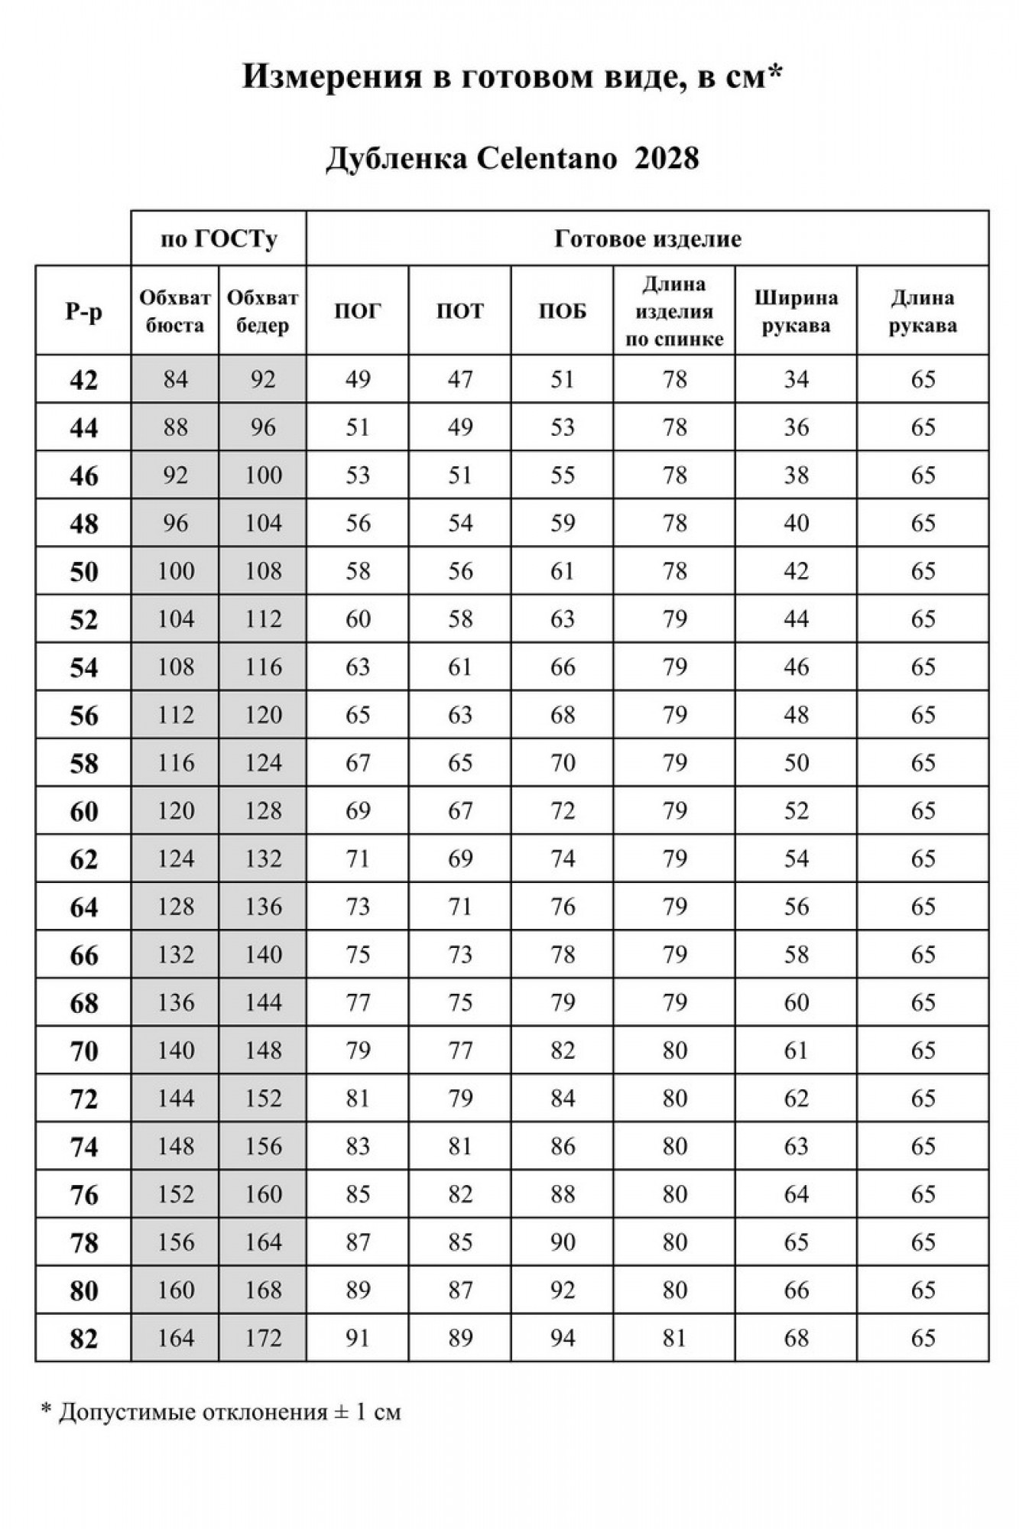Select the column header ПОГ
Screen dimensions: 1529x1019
[x=357, y=311]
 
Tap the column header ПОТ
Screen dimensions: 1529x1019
[x=459, y=311]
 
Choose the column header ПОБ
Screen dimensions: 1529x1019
[x=562, y=311]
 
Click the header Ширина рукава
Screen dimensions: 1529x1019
[x=796, y=311]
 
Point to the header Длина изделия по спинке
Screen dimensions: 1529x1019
[x=673, y=311]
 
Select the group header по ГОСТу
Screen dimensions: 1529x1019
[x=219, y=239]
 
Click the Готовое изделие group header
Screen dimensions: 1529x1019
[x=647, y=239]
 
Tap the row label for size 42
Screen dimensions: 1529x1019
[x=83, y=379]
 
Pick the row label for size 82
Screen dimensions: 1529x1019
[x=83, y=1339]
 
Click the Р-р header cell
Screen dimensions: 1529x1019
[x=83, y=311]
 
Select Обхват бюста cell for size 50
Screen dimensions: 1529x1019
[x=175, y=571]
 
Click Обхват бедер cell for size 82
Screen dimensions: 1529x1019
[x=263, y=1338]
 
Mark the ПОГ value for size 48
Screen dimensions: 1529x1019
[x=357, y=523]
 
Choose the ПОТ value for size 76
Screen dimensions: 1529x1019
[x=459, y=1194]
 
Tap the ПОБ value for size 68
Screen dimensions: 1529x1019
[x=562, y=1002]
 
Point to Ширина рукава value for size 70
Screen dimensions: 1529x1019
[x=796, y=1050]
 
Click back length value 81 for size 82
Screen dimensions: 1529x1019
[x=673, y=1338]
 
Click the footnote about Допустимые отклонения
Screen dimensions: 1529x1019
[x=221, y=1411]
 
